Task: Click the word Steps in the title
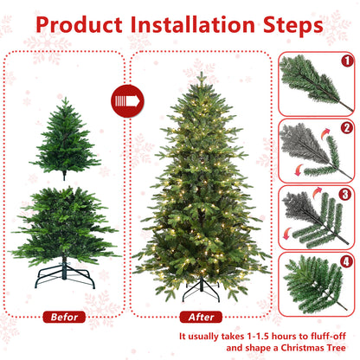292,23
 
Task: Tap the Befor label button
65,317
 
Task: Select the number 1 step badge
346,61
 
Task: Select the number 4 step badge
346,260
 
